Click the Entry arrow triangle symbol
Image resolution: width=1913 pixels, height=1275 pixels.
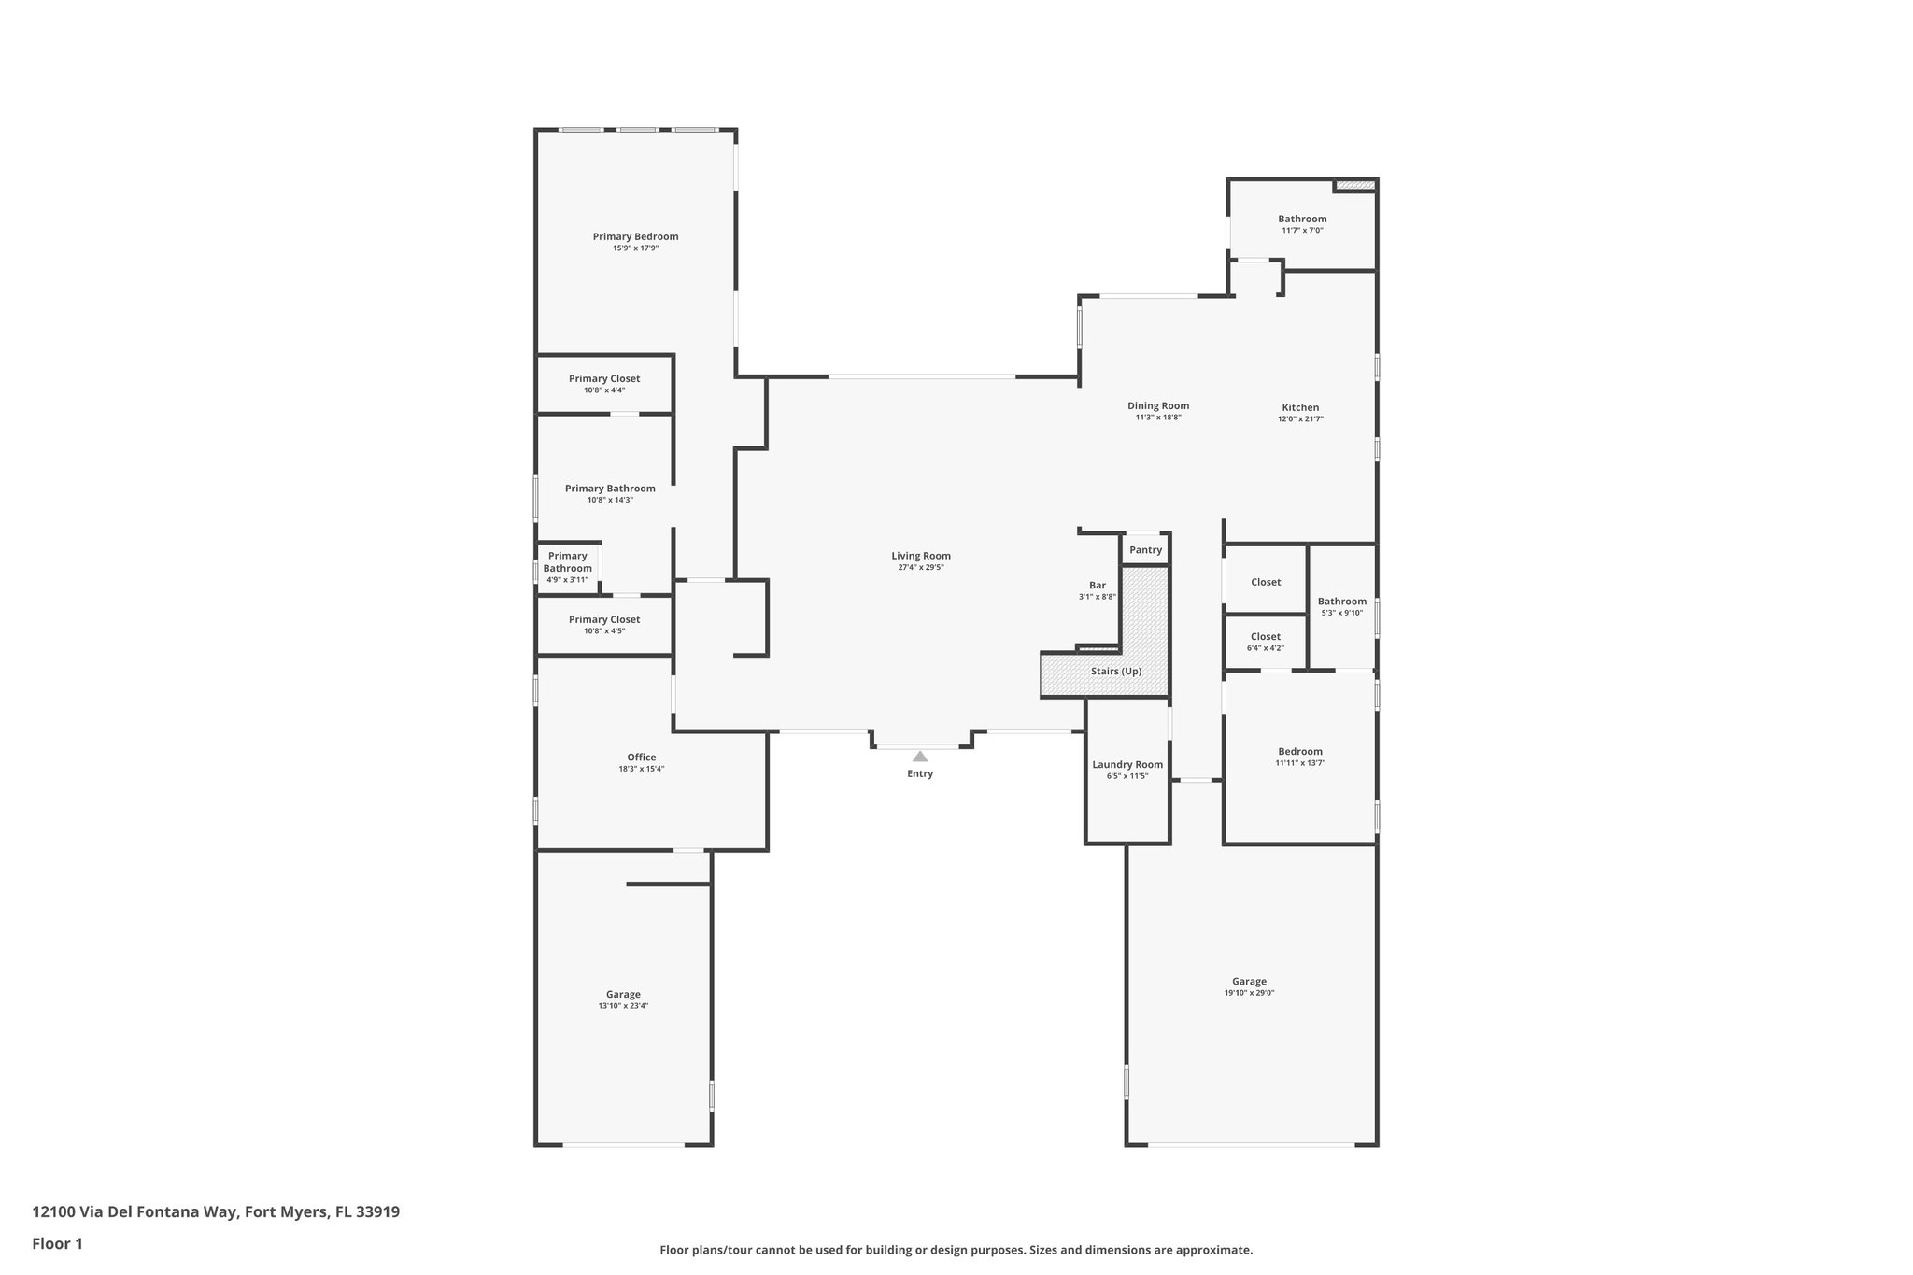point(920,757)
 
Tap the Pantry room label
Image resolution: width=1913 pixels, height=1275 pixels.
point(1145,550)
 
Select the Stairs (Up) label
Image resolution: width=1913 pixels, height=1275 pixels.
point(1116,671)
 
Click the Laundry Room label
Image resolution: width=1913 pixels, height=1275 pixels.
point(1127,764)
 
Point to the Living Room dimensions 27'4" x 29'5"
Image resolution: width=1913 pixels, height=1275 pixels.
point(921,567)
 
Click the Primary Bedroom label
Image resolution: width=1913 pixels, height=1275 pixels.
point(635,236)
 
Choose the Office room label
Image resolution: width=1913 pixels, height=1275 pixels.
point(641,758)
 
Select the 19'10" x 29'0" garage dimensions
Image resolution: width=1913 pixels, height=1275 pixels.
point(1249,993)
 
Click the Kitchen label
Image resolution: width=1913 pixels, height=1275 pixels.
point(1300,407)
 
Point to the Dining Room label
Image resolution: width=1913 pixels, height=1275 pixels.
point(1158,405)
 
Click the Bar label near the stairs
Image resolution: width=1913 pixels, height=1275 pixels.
point(1097,586)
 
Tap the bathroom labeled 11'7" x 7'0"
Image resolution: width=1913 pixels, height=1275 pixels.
point(1302,224)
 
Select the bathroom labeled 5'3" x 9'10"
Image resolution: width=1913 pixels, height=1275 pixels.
point(1341,606)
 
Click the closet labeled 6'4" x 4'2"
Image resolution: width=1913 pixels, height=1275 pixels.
point(1265,642)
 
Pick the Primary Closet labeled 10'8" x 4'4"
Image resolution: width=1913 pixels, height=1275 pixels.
point(604,384)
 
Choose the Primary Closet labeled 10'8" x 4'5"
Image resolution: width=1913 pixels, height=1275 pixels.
point(604,625)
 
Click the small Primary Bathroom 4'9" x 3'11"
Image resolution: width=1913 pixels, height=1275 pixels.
point(567,567)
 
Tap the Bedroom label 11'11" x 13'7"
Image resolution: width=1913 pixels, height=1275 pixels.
point(1300,757)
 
